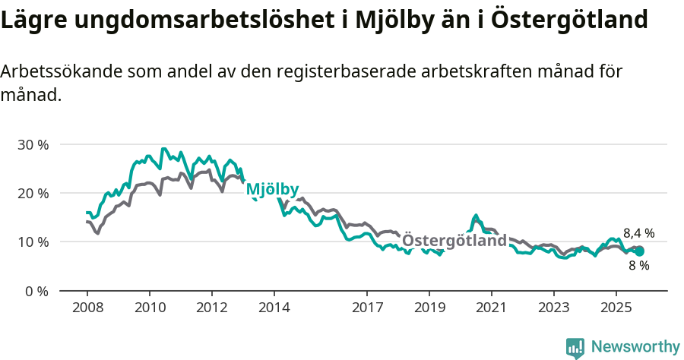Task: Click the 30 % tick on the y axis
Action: (x=33, y=144)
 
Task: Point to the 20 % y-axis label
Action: (x=33, y=193)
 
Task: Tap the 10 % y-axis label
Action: (x=33, y=242)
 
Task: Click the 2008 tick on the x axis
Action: (x=87, y=308)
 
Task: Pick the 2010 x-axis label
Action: (x=150, y=308)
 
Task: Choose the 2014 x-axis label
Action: (x=274, y=308)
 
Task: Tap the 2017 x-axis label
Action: (x=367, y=308)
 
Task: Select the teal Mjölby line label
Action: (x=273, y=189)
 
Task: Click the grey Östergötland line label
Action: (x=454, y=241)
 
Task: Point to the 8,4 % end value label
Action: (x=638, y=233)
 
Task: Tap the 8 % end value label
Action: (x=638, y=266)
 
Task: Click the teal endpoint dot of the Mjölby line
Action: (x=639, y=251)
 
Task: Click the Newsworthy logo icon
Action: (x=575, y=348)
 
